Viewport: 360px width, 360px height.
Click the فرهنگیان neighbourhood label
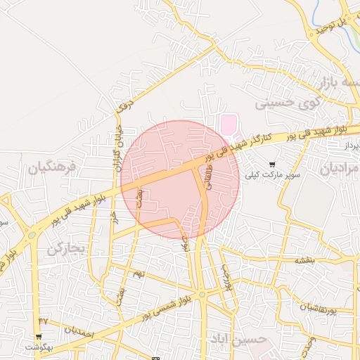tap(52, 168)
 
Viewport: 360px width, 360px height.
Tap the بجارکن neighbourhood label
tap(66, 249)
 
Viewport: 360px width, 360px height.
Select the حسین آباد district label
tap(239, 340)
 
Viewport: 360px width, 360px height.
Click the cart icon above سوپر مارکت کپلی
tap(272, 164)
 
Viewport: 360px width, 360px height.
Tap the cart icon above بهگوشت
tap(39, 337)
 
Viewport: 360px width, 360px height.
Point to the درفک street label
tap(124, 106)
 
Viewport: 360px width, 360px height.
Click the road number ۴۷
tap(43, 321)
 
